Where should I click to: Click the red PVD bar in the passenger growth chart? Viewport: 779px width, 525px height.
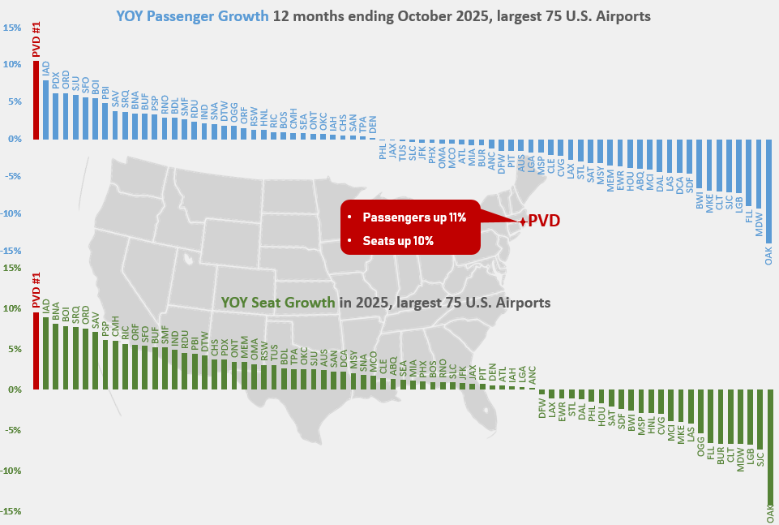click(x=36, y=100)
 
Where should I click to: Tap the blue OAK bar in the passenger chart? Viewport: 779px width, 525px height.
click(x=768, y=191)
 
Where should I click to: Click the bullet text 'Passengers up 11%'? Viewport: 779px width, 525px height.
click(x=414, y=217)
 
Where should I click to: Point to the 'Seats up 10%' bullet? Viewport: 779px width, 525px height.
click(x=397, y=240)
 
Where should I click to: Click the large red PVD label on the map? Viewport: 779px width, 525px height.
click(x=545, y=221)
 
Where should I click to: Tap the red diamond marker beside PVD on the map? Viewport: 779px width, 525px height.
click(x=524, y=221)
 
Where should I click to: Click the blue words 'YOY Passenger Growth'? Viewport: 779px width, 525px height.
click(x=192, y=15)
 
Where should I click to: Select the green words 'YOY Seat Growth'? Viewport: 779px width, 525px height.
click(x=278, y=302)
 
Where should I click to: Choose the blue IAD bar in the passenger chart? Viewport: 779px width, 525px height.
click(x=45, y=110)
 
